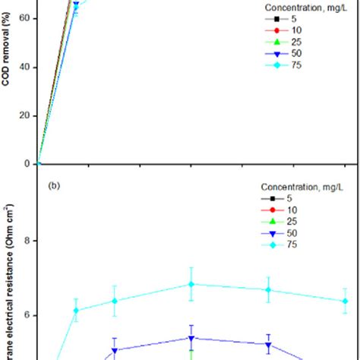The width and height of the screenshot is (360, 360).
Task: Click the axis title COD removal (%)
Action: coord(6,72)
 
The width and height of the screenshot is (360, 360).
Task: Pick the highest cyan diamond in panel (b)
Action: coord(191,284)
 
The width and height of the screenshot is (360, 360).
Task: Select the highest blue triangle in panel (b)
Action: coord(191,338)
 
